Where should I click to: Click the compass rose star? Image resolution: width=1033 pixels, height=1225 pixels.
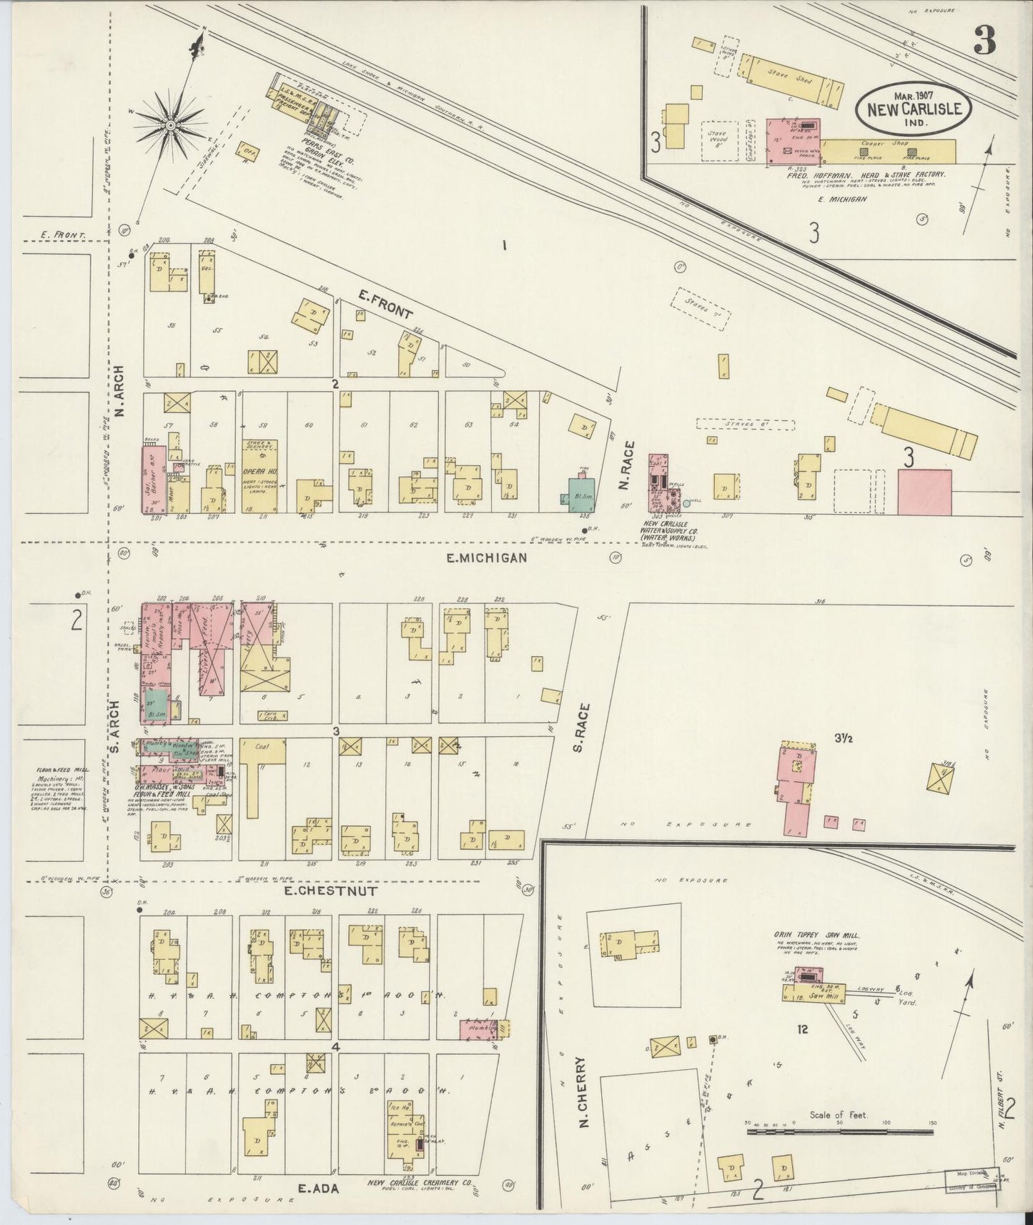(172, 126)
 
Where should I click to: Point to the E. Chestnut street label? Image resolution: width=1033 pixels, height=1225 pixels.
(321, 891)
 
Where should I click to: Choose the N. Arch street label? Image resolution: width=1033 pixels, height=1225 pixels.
(120, 392)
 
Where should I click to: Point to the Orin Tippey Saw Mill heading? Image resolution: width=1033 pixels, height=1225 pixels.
(816, 934)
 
